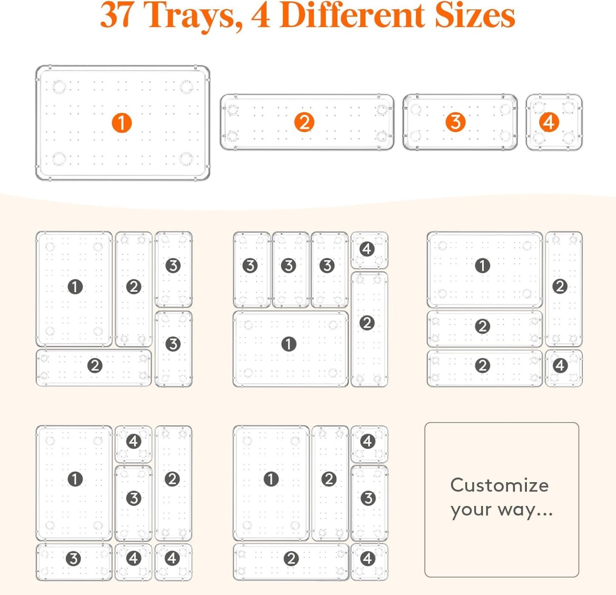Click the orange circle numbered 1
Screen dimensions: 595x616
(x=121, y=123)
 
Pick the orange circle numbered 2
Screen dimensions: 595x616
(x=304, y=122)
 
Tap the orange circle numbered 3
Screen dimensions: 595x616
(x=455, y=122)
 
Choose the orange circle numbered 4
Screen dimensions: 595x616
(x=549, y=122)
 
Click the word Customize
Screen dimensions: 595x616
(x=499, y=485)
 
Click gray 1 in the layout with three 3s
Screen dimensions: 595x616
(x=289, y=344)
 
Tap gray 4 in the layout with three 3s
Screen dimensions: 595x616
(x=367, y=249)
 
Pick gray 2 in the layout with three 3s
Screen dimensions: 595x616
(x=367, y=323)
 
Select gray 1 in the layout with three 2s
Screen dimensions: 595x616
(x=482, y=266)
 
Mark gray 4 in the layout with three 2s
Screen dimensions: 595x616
(x=560, y=365)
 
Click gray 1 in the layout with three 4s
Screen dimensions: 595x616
(x=75, y=479)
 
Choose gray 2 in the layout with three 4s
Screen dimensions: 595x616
(x=172, y=479)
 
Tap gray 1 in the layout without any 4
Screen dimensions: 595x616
(x=75, y=287)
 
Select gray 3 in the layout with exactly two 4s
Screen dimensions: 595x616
(x=368, y=498)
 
